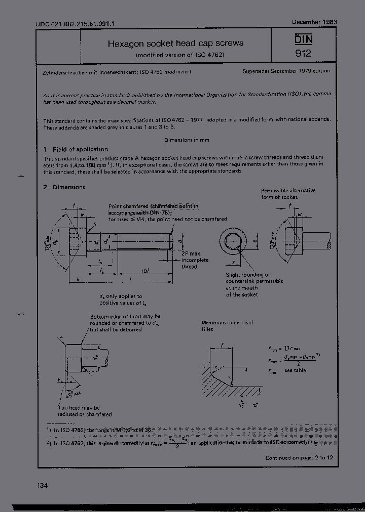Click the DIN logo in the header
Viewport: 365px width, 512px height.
tap(303, 38)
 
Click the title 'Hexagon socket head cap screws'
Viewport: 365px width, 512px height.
tap(175, 44)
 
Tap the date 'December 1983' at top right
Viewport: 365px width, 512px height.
tap(314, 22)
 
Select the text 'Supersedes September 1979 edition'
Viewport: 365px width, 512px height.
tap(286, 71)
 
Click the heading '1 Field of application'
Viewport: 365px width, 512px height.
tap(76, 149)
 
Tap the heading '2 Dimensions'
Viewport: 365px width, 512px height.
tap(64, 187)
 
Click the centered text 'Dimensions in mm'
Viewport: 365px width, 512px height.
tap(186, 140)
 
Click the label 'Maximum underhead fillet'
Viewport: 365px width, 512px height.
tap(227, 326)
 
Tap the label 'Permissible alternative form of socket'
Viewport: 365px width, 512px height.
tap(288, 193)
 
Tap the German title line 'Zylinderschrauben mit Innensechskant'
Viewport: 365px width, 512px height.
tap(84, 72)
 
